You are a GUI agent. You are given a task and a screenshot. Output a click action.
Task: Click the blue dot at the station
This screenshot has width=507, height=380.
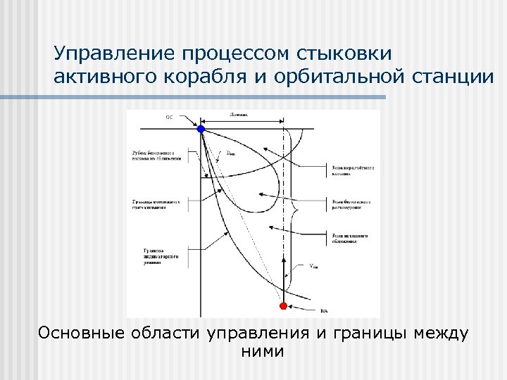(201, 129)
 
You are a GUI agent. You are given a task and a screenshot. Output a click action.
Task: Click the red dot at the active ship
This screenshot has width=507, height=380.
(284, 305)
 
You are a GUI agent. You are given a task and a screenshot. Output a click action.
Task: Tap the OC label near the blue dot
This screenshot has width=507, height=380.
(169, 117)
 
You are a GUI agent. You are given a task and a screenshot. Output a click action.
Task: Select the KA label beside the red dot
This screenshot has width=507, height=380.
(324, 310)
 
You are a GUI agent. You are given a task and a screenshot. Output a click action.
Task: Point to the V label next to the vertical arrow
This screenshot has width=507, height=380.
(313, 265)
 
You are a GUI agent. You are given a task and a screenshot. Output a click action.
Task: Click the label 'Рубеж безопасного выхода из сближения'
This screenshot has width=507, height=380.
(156, 156)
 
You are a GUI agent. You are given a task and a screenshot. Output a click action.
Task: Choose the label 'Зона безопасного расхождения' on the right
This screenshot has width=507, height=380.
(351, 204)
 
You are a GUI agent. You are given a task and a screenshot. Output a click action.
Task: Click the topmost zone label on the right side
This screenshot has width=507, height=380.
(352, 170)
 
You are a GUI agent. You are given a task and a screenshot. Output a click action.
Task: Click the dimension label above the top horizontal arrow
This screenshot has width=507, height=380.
(239, 115)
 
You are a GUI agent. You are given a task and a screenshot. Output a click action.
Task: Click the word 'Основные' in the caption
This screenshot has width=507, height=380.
(80, 333)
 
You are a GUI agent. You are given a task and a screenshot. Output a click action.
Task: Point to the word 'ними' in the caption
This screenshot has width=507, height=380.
(262, 351)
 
